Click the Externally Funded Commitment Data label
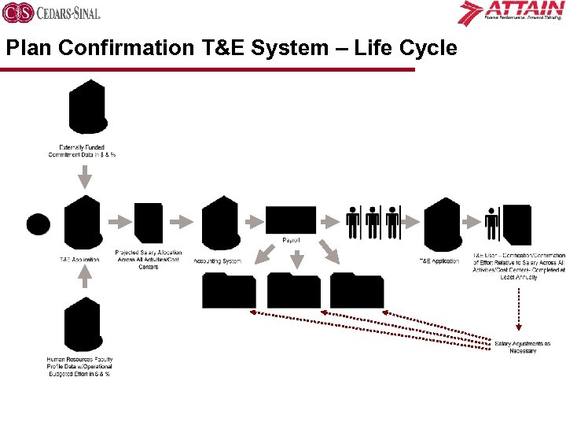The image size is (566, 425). tap(82, 150)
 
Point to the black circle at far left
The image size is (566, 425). tap(38, 224)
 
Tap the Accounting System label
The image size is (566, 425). tap(218, 261)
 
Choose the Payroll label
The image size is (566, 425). tap(291, 239)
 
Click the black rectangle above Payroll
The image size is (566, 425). tap(291, 220)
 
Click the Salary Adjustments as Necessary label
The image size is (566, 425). tap(523, 346)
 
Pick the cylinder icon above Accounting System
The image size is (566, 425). tap(221, 224)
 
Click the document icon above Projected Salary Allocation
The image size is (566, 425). tap(149, 224)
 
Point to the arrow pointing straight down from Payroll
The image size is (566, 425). tap(296, 257)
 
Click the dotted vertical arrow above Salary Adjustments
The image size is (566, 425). tap(519, 307)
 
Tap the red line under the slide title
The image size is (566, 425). tap(208, 68)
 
